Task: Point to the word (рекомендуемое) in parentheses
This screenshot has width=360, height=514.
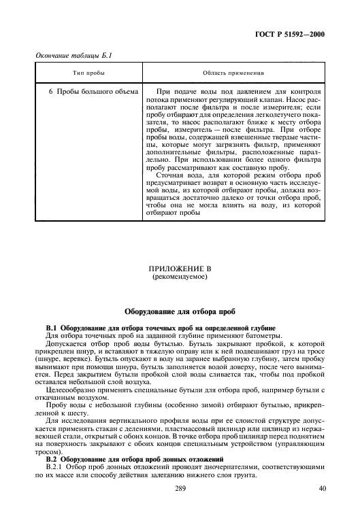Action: pyautogui.click(x=180, y=277)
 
